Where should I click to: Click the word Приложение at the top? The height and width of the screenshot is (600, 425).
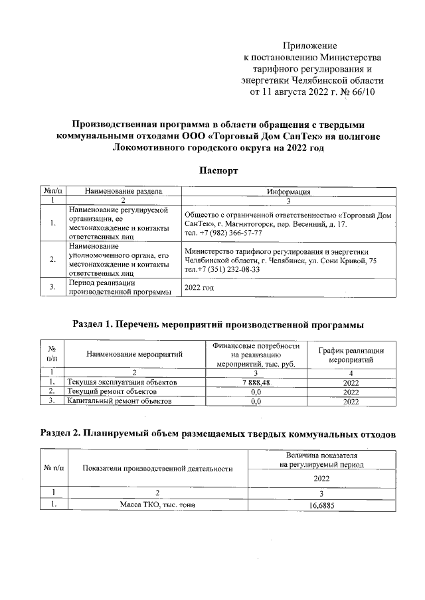(x=310, y=46)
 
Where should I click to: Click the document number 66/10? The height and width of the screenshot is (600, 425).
(x=361, y=91)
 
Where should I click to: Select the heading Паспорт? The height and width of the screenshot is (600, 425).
(x=218, y=170)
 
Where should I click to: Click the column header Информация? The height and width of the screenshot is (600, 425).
(x=289, y=191)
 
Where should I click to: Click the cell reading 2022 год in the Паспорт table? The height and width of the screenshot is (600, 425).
(x=199, y=288)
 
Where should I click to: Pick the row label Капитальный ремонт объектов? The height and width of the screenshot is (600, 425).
(x=116, y=401)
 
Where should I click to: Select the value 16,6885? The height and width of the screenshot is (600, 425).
(x=321, y=505)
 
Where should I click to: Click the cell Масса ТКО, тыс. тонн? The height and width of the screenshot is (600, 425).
(x=157, y=505)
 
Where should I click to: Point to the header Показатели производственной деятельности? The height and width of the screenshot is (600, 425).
(x=157, y=469)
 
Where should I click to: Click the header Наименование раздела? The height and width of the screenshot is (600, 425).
(x=124, y=191)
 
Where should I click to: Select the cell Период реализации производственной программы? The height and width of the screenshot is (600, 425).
(x=120, y=288)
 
